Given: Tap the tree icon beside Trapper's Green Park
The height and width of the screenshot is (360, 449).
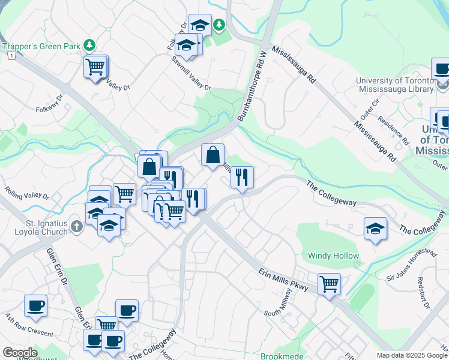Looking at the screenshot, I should click(89, 45).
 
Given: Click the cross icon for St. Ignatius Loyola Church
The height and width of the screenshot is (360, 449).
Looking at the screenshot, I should click(76, 227).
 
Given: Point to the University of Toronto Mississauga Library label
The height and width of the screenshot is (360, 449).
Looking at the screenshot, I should click(394, 85).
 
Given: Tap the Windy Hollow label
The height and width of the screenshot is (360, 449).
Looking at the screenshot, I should click(334, 256).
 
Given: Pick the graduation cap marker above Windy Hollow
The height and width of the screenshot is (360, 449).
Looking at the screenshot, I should click(375, 228).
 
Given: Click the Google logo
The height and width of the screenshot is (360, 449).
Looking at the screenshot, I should click(20, 352).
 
